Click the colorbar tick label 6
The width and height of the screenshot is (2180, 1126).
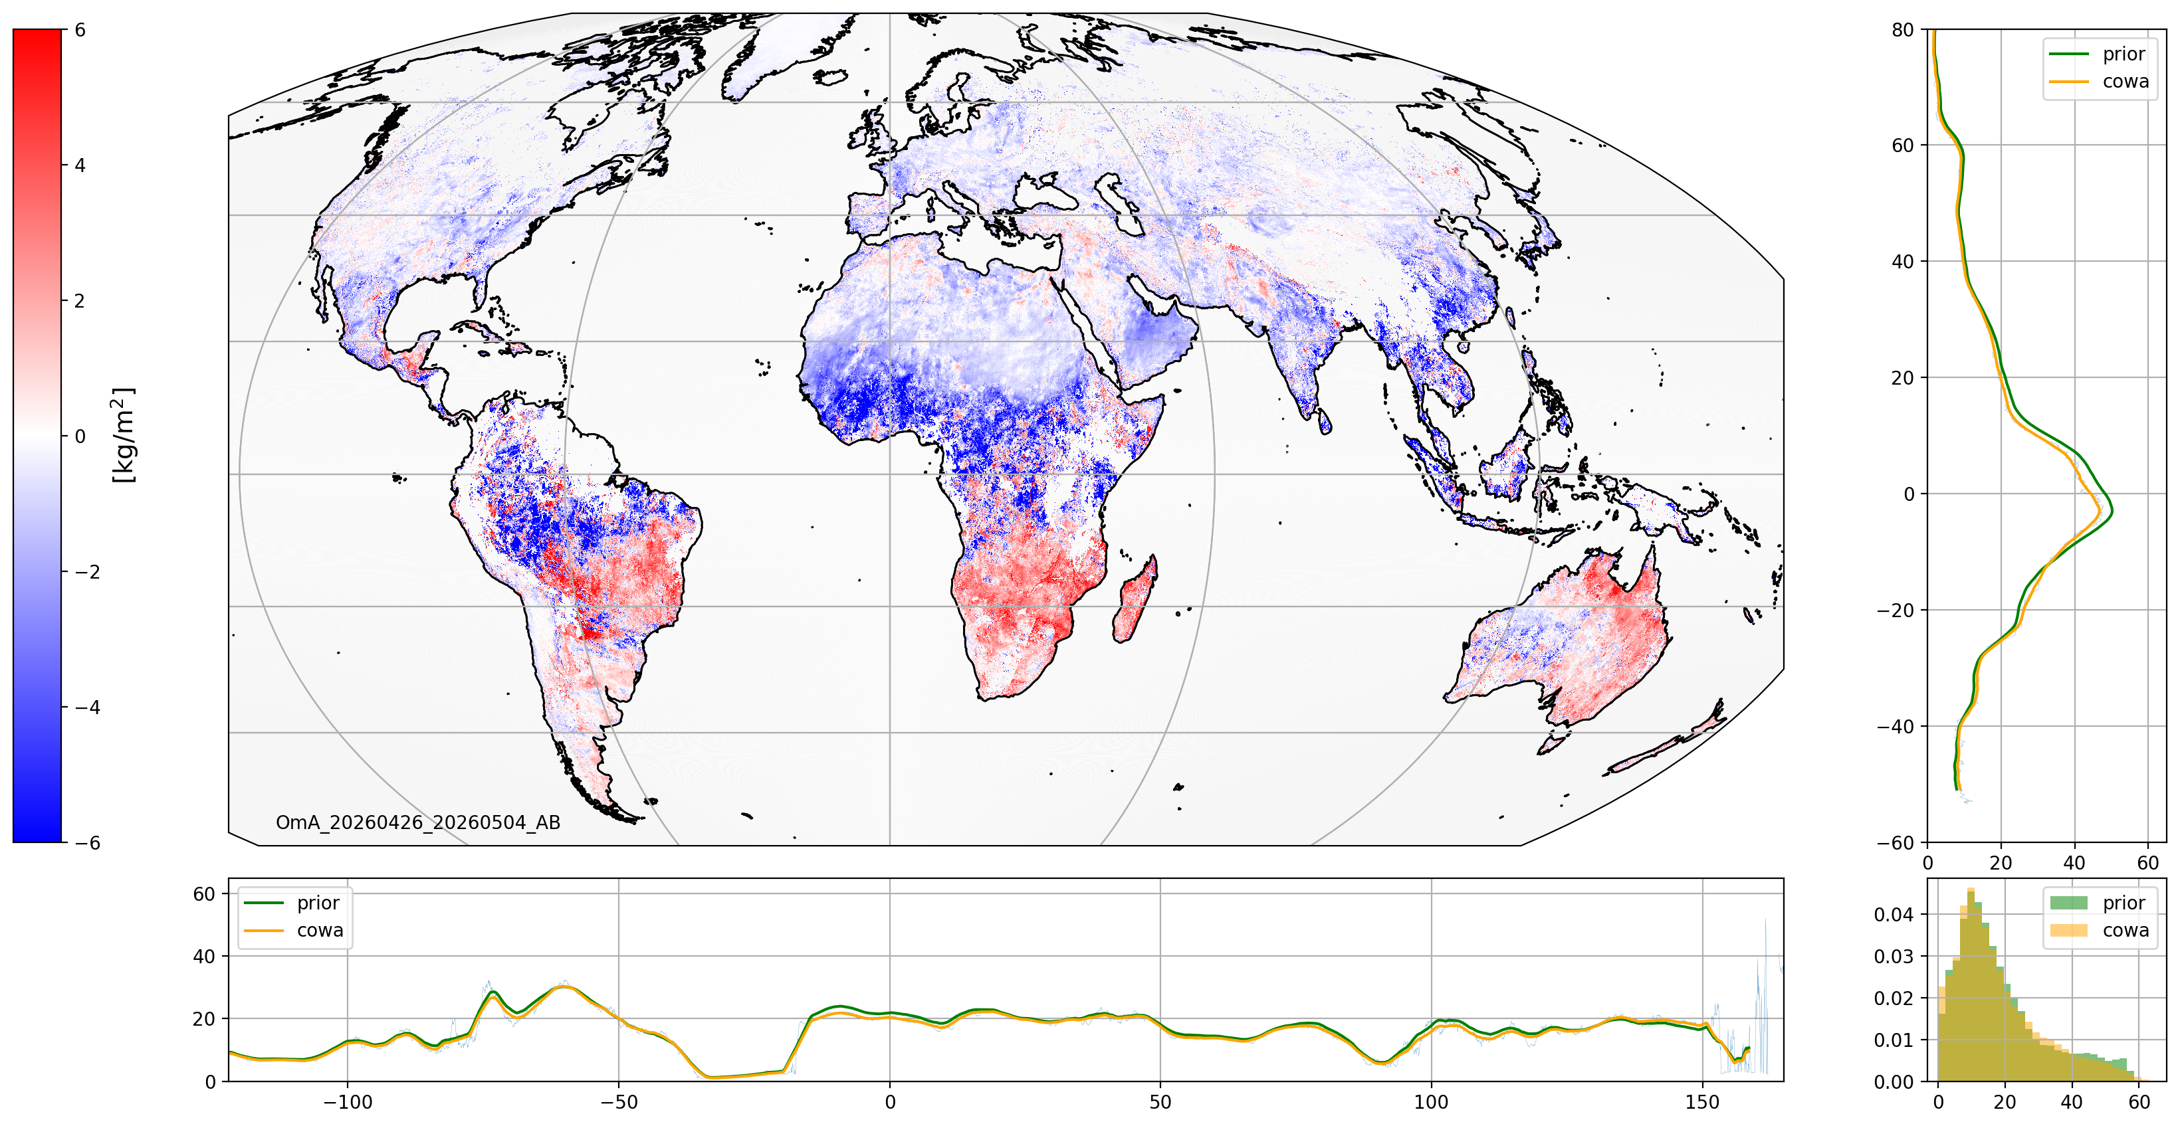coord(80,30)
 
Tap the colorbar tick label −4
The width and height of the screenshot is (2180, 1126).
coord(87,707)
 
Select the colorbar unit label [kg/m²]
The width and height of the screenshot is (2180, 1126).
coord(124,435)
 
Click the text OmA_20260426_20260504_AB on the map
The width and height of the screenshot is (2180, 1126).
coord(418,822)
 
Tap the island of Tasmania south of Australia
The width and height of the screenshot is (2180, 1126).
coord(1553,743)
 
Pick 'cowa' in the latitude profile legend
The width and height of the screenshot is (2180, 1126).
coord(2125,81)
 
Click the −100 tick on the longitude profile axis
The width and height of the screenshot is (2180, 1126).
coord(347,1101)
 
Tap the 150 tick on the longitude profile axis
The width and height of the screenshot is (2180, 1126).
coord(1703,1101)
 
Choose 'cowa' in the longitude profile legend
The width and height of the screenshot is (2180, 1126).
coord(320,931)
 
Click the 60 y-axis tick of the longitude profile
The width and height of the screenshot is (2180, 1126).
coord(205,894)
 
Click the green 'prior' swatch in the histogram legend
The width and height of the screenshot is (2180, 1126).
coord(2068,903)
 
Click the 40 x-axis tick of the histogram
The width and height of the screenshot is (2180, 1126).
coord(2072,1101)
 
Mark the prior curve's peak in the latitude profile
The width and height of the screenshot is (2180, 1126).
coord(2112,511)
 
